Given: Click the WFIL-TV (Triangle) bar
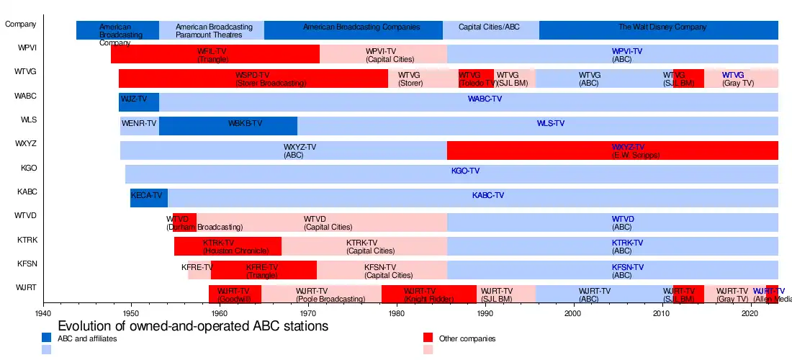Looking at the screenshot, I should pos(215,54).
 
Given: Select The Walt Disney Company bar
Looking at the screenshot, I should pos(658,30).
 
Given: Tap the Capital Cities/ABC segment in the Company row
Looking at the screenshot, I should pos(490,30).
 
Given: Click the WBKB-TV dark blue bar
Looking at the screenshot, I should pos(228,125).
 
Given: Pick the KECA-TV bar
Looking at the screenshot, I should pos(149,197).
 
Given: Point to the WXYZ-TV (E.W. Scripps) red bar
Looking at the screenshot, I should pos(612,150).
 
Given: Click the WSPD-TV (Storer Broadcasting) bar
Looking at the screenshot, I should pos(253,78).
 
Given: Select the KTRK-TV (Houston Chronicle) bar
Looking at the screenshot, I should pos(228,246).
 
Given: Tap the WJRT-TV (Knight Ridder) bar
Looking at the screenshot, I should pos(428,294).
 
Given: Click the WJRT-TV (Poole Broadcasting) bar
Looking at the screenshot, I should pos(321,294).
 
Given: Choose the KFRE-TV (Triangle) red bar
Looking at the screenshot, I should pos(264,270).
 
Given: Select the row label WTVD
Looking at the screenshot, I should pos(26,216).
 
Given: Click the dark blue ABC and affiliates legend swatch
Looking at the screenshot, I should pos(47,338).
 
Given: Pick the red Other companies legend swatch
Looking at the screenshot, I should pos(428,338).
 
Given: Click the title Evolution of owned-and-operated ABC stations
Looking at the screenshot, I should pos(193,326).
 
